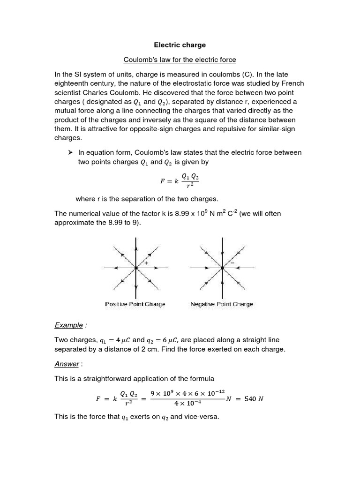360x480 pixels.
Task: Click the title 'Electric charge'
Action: (x=180, y=45)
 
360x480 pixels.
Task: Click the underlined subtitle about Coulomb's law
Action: (x=180, y=60)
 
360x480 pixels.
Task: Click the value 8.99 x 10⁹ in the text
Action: (x=191, y=214)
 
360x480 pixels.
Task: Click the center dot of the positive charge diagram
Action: (x=136, y=268)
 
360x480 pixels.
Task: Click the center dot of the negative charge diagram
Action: (x=222, y=268)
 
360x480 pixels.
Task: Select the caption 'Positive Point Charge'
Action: (x=135, y=304)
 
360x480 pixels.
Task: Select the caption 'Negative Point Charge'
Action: (x=222, y=304)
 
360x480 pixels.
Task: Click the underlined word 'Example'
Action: (x=68, y=325)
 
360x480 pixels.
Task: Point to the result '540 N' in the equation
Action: (x=254, y=399)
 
